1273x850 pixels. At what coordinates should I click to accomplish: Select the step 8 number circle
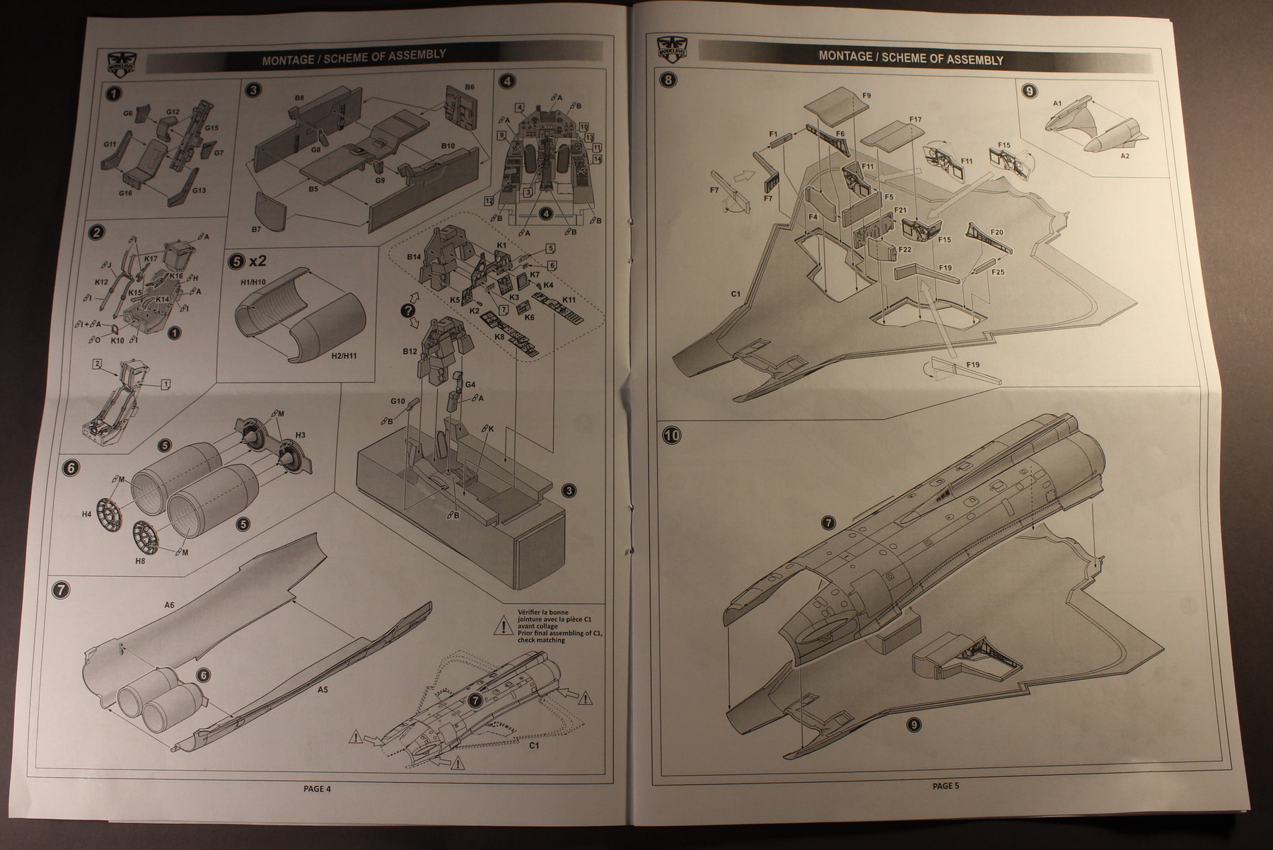pos(668,79)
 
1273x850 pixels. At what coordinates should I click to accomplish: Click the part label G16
pos(125,193)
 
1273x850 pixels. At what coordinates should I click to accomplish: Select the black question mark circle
pos(408,310)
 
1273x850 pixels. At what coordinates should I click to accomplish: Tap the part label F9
pos(866,96)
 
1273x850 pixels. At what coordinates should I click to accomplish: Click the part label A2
pos(1124,155)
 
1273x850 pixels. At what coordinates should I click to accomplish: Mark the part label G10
pos(397,401)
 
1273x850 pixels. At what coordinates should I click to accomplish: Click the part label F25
pos(998,272)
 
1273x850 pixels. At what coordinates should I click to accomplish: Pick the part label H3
pos(301,434)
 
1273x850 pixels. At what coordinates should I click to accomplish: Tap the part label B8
pos(299,97)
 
